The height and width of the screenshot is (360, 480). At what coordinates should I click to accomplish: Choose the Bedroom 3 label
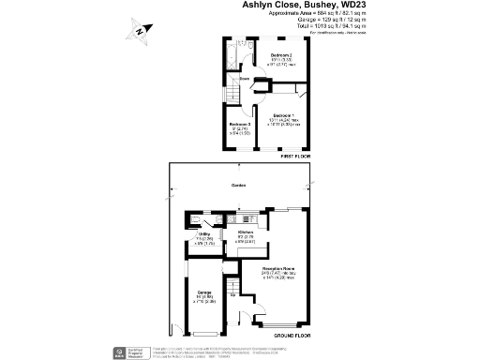[x=239, y=124]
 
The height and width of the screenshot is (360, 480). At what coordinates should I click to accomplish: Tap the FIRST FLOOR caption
[x=294, y=157]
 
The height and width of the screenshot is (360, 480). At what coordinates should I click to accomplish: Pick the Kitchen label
[x=247, y=231]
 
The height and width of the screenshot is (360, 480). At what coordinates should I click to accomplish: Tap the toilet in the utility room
[x=193, y=221]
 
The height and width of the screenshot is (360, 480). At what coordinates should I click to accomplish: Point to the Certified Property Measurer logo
[x=121, y=352]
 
